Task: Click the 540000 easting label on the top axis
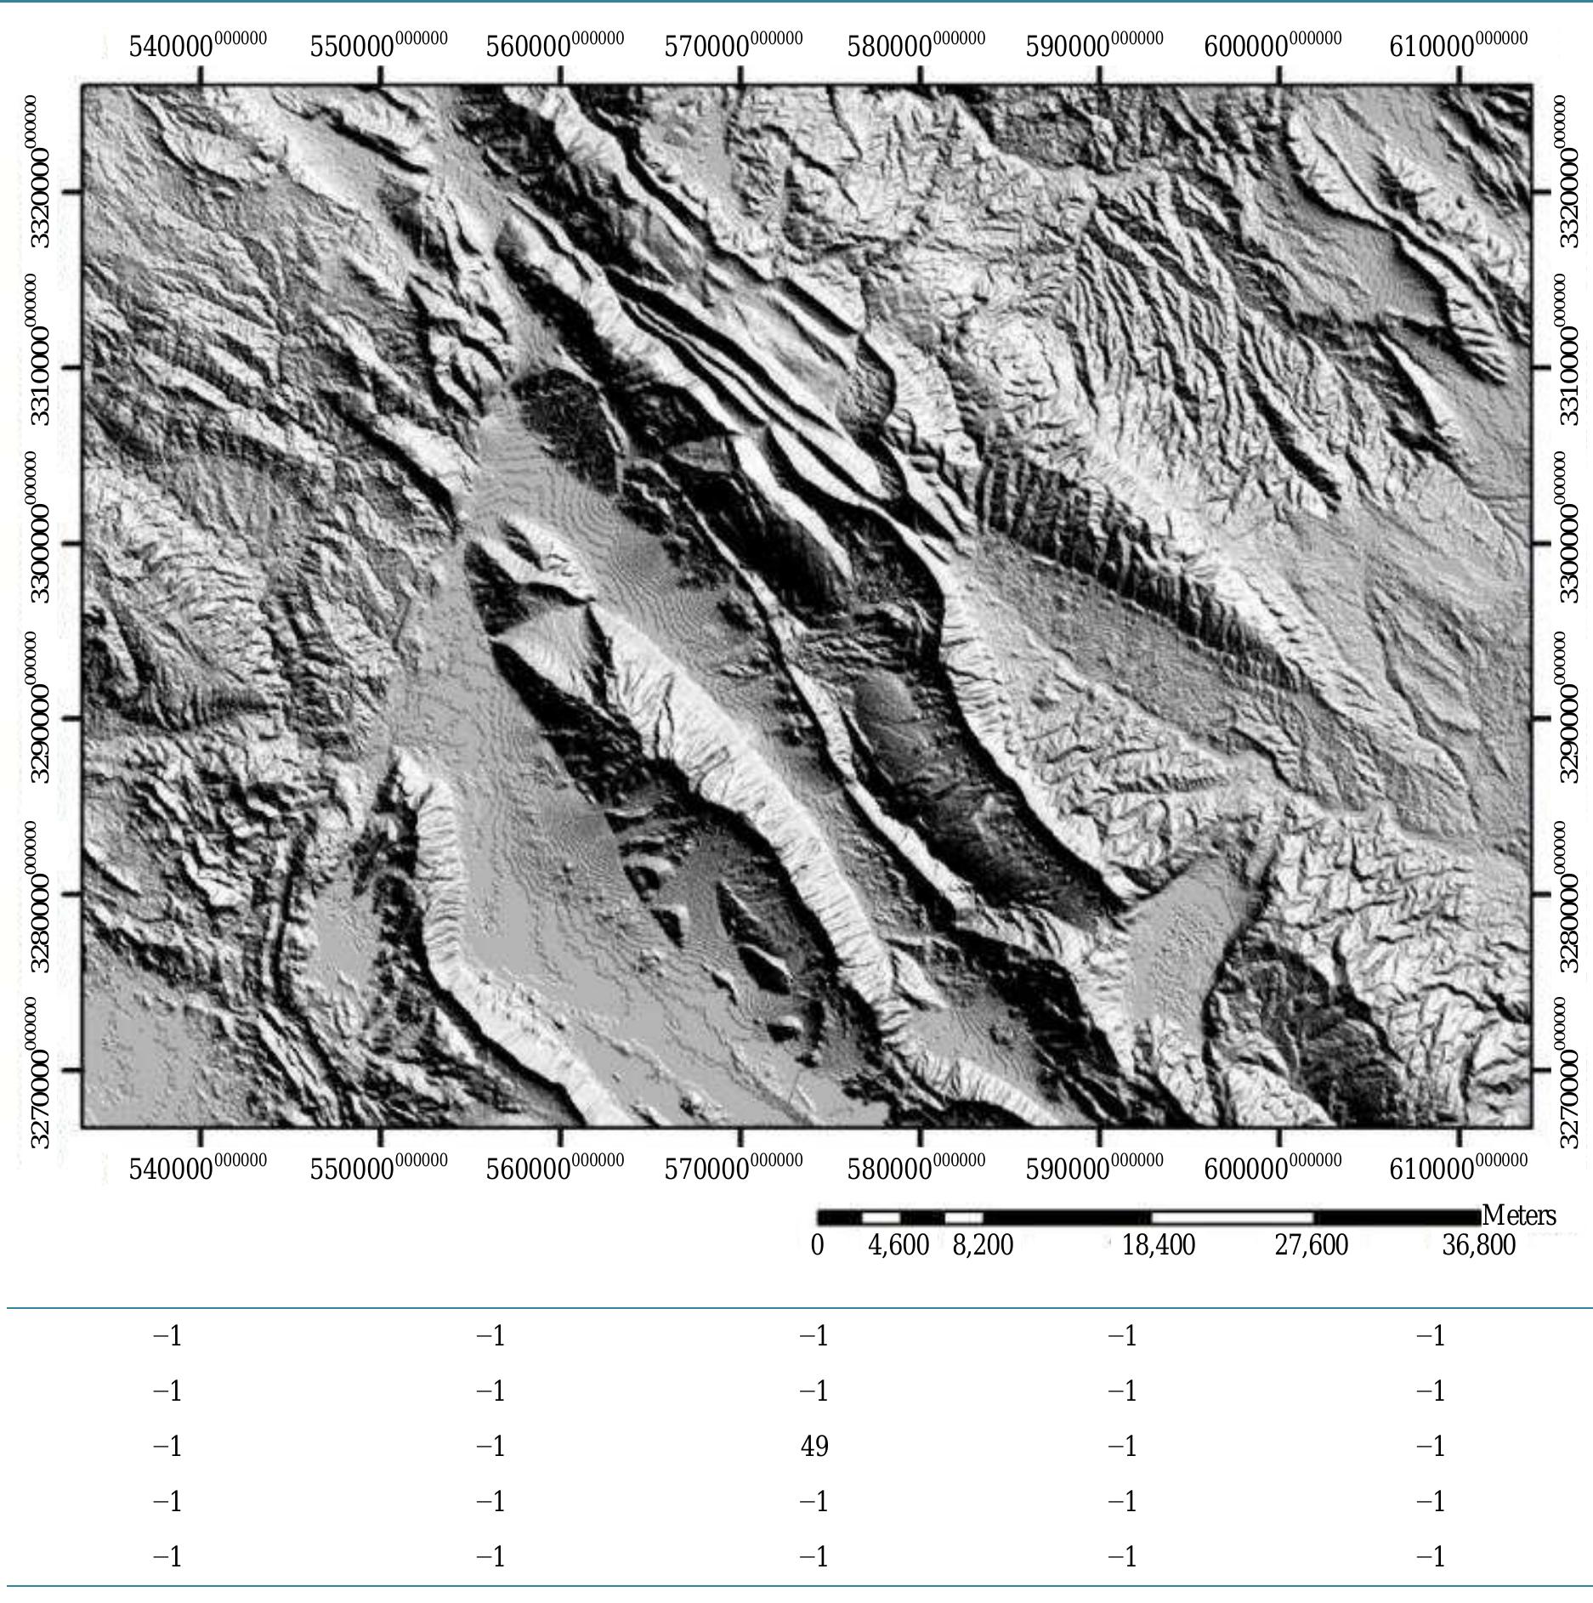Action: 197,45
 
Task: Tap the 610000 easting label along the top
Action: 1458,45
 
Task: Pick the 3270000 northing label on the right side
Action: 1569,1073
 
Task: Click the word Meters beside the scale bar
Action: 1519,1215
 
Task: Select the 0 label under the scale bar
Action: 817,1245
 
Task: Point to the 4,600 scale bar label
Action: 899,1245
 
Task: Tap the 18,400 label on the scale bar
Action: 1158,1245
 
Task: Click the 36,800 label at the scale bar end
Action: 1478,1245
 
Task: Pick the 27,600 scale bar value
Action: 1311,1245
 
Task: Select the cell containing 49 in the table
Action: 814,1446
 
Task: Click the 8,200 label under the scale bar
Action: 983,1245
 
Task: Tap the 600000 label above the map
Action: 1273,45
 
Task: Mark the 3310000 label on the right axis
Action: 1569,348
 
